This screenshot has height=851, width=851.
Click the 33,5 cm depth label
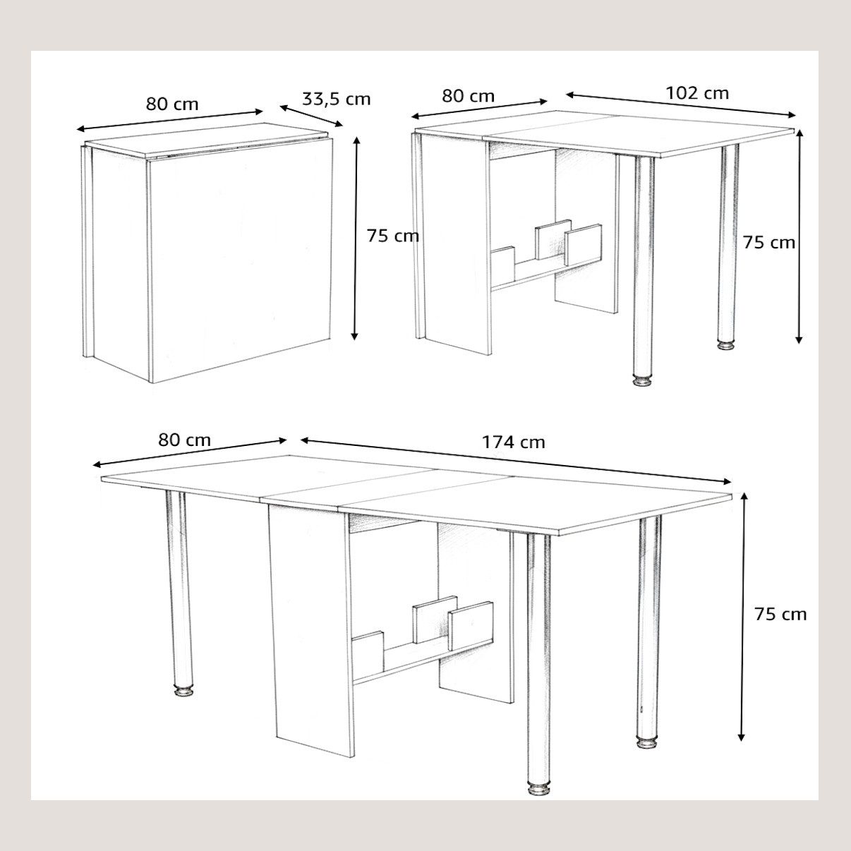(336, 99)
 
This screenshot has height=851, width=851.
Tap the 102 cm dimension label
(697, 93)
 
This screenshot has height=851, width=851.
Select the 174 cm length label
(513, 442)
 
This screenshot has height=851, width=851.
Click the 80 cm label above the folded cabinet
(172, 104)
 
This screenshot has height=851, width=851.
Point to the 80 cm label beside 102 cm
(468, 96)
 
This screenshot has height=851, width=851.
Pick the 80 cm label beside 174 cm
(185, 440)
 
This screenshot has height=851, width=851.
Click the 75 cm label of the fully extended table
(780, 615)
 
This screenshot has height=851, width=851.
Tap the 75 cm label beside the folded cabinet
(392, 236)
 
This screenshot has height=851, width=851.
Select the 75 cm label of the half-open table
(769, 243)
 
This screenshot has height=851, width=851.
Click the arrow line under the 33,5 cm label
(311, 116)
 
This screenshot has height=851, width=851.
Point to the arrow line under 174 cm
(517, 460)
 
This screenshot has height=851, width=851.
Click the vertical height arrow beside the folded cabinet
(355, 239)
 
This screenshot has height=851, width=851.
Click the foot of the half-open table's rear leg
(727, 344)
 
